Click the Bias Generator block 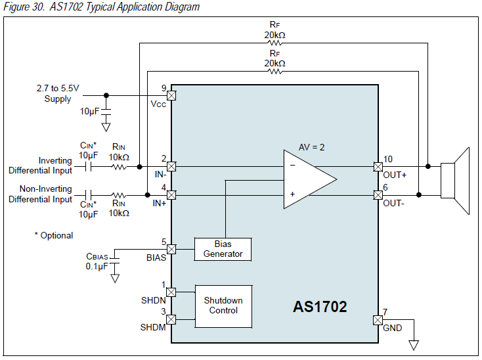click(223, 249)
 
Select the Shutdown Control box click(223, 305)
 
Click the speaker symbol click(456, 180)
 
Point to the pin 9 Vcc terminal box click(171, 95)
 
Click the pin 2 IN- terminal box click(171, 167)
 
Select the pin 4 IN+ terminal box click(171, 195)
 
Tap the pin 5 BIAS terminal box click(171, 249)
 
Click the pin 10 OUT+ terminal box click(378, 167)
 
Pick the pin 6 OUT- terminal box click(378, 195)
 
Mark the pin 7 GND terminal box click(378, 320)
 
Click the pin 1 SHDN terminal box click(171, 292)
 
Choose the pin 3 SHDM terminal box click(171, 320)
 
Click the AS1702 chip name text click(320, 306)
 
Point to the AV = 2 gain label click(312, 147)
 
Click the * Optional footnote click(54, 235)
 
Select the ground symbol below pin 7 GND click(414, 344)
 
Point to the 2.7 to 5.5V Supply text click(58, 93)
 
